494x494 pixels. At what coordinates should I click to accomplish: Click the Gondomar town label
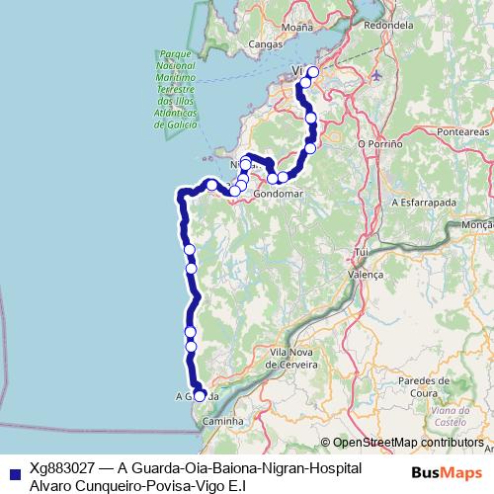(x=277, y=195)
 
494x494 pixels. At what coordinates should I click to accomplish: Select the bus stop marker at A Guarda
(x=200, y=395)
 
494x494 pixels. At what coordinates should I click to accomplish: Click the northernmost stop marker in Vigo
(x=314, y=71)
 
